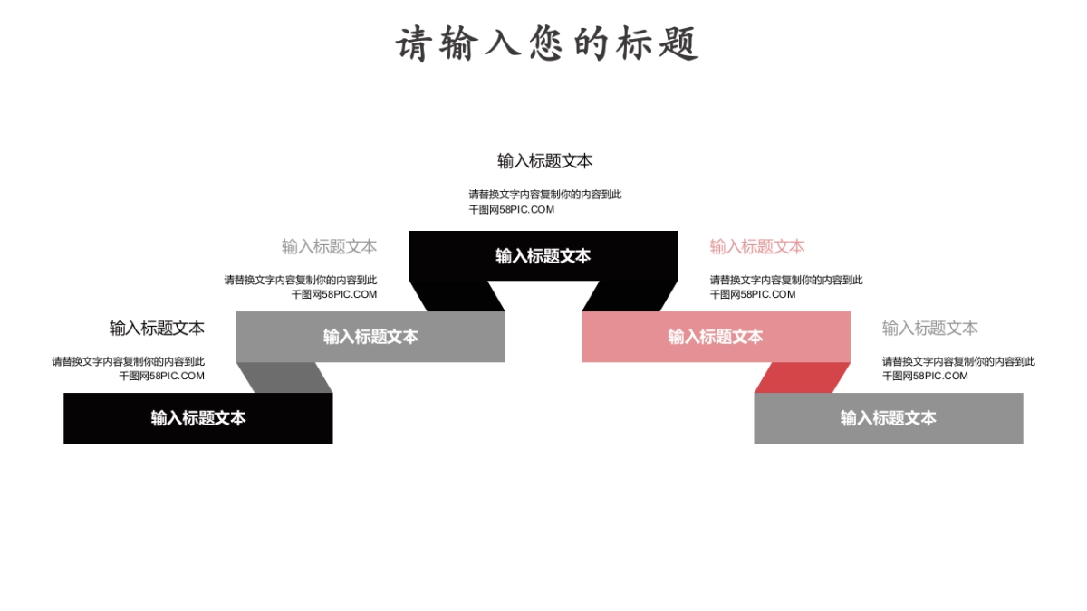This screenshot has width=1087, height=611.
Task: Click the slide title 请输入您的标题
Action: click(x=547, y=43)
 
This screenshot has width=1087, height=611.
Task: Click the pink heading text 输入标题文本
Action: click(x=757, y=246)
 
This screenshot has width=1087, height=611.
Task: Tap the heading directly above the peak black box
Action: click(x=544, y=161)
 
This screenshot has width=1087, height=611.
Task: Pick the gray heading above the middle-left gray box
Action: click(x=329, y=246)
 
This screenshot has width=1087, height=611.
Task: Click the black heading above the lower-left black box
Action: click(x=157, y=328)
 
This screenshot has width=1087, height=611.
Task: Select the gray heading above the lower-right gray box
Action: click(x=929, y=328)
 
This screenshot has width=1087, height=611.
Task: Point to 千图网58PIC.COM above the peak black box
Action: click(x=511, y=209)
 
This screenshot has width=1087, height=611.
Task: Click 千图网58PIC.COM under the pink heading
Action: click(x=753, y=294)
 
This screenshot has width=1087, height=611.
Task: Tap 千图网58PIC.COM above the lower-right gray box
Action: click(x=925, y=376)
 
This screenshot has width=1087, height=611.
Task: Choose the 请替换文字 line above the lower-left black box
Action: click(x=128, y=361)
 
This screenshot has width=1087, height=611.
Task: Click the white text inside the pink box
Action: click(x=716, y=337)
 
